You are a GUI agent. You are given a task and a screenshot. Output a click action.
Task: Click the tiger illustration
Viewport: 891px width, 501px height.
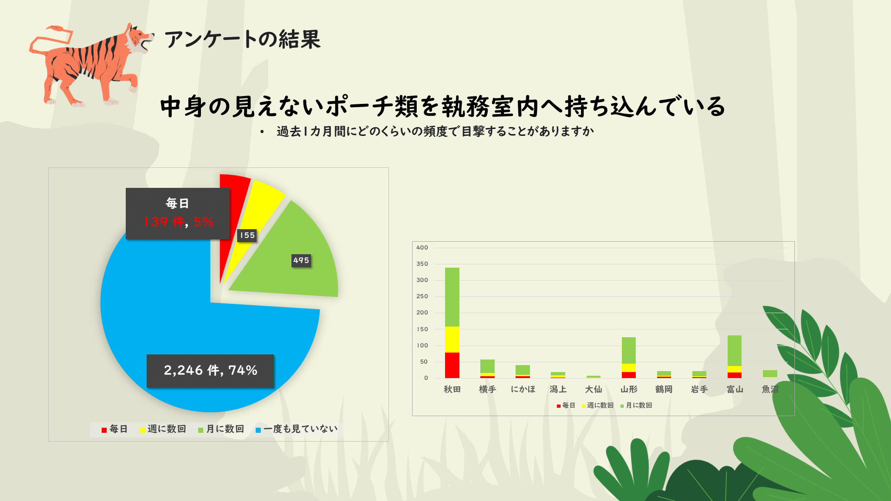tap(88, 65)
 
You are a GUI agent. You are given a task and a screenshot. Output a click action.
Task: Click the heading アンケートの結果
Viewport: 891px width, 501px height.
tap(242, 39)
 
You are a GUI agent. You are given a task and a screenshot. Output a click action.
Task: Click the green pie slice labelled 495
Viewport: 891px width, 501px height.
tap(297, 274)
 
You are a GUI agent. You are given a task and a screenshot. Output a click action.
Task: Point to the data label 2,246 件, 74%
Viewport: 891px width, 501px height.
tap(210, 371)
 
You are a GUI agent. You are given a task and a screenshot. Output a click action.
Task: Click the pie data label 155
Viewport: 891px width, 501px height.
tap(247, 236)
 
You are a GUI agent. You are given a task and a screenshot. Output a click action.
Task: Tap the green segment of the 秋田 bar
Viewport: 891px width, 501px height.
tap(452, 297)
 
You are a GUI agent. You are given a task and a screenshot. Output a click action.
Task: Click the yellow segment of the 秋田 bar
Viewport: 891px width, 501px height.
tap(452, 340)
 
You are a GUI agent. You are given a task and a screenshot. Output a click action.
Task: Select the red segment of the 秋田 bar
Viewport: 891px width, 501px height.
tap(452, 366)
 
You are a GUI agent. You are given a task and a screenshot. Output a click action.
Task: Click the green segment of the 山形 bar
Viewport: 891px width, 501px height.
tap(629, 350)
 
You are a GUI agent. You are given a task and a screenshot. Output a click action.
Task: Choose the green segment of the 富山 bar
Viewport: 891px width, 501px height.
tap(735, 350)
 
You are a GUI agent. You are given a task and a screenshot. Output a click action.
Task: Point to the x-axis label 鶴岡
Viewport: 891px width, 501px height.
tap(664, 389)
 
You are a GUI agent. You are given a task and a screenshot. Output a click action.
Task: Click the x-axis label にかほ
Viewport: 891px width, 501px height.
tap(523, 389)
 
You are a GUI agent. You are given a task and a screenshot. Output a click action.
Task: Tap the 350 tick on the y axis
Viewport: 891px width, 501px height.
tap(422, 264)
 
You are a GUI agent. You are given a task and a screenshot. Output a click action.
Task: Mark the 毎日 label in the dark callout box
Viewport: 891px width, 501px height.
tap(177, 203)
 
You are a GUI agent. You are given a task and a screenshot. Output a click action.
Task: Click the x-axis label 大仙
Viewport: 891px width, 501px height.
tap(594, 389)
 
